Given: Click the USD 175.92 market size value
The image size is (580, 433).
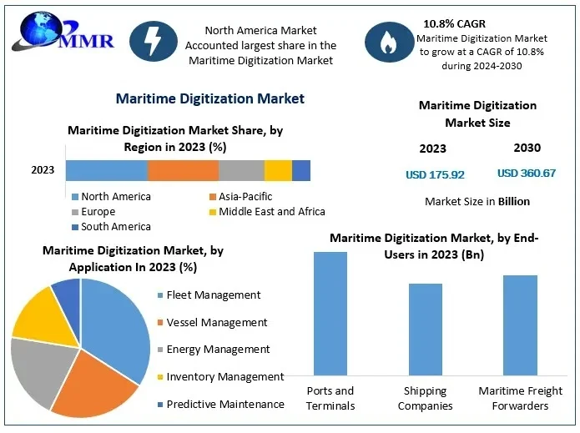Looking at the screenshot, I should click(435, 174).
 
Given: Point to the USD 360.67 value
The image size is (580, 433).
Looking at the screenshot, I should click(527, 173).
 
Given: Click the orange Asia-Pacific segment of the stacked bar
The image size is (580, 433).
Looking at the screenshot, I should click(183, 170).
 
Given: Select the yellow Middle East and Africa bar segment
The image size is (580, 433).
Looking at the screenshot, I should click(278, 170).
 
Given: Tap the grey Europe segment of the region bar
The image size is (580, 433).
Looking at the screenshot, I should click(241, 170).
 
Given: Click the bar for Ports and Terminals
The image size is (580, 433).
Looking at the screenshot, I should click(330, 313).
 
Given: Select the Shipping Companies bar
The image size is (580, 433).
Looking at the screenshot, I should click(426, 329).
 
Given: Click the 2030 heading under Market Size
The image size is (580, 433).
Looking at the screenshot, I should click(527, 148).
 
